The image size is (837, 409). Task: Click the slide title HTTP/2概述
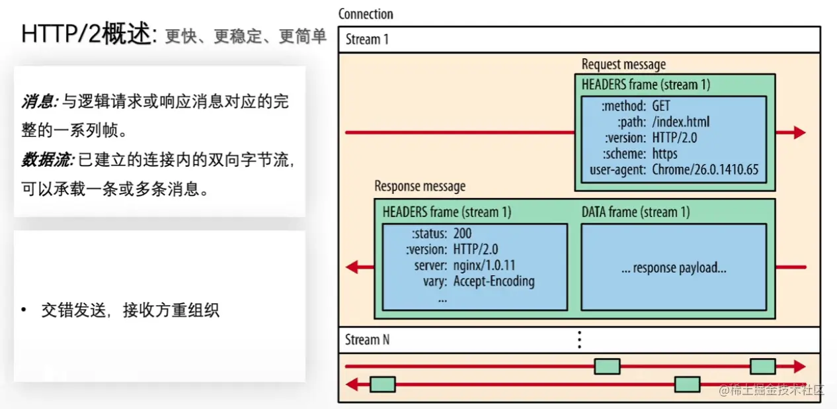click(87, 34)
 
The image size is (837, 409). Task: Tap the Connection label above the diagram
click(366, 14)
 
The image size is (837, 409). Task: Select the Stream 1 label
click(367, 39)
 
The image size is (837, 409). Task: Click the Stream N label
click(367, 340)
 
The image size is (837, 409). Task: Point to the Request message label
click(623, 64)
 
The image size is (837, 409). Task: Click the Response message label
click(420, 187)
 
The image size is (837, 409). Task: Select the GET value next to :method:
click(661, 106)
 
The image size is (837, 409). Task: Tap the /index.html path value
click(680, 122)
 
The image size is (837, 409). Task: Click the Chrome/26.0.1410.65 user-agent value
click(705, 169)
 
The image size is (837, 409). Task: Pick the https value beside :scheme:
click(664, 154)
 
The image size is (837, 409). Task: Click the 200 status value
click(462, 234)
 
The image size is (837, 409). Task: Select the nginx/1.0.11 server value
click(485, 265)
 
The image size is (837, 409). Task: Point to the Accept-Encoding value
click(494, 281)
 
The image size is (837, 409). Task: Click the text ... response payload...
click(674, 268)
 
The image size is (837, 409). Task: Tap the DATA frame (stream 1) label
click(635, 212)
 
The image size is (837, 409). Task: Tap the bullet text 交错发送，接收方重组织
click(130, 310)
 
